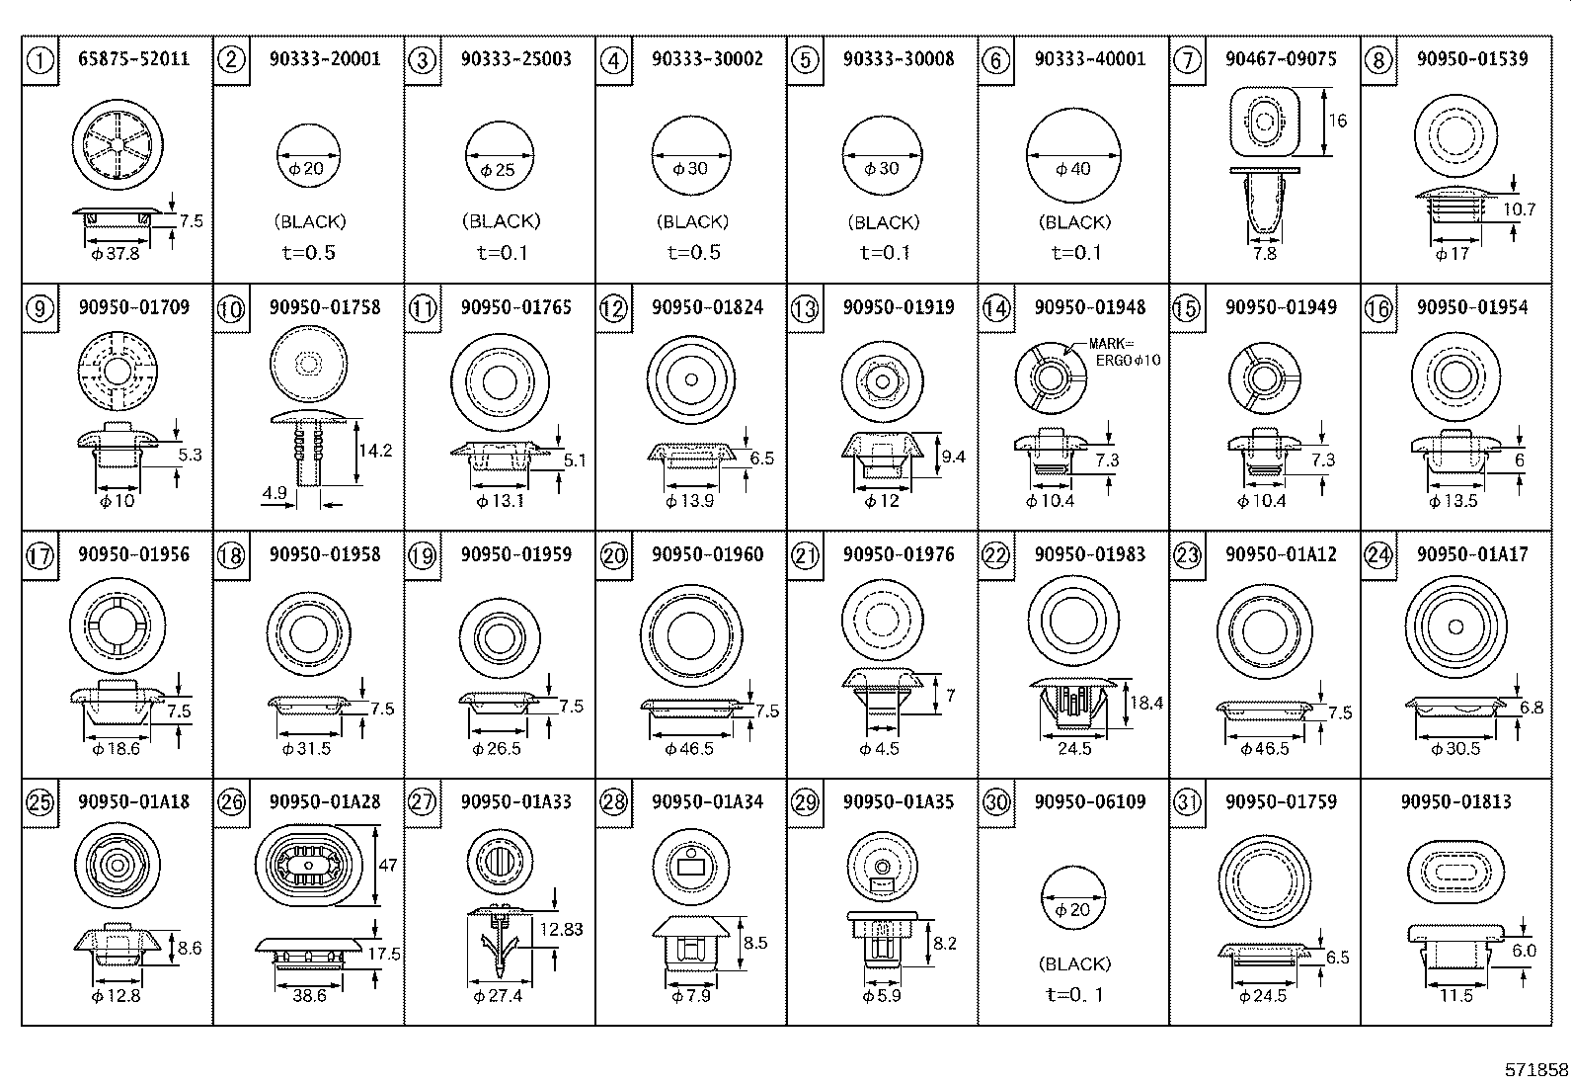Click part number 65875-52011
(133, 59)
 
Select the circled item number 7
(1186, 60)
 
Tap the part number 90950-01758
(324, 307)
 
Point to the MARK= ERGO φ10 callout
(1125, 352)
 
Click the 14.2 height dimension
(375, 451)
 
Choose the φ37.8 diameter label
(115, 254)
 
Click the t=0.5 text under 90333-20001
(308, 253)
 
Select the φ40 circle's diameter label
(1073, 169)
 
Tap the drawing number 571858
(1535, 1070)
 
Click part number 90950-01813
(1455, 801)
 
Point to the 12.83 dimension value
(562, 929)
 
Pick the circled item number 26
(231, 801)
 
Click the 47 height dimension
(388, 865)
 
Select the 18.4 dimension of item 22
(1146, 704)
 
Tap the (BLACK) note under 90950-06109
(1074, 963)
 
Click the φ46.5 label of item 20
(689, 749)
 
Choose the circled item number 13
(805, 308)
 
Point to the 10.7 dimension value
(1519, 209)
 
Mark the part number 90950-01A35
(899, 801)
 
